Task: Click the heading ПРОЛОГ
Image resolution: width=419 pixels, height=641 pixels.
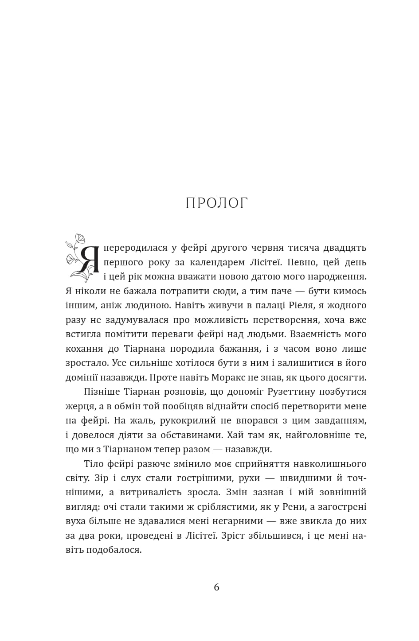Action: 216,203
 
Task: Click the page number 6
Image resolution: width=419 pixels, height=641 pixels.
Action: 216,587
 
